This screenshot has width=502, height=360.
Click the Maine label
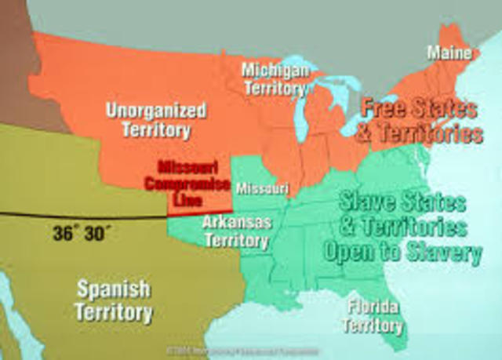453,53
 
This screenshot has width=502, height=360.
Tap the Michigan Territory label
274,79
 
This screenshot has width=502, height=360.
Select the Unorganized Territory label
156,119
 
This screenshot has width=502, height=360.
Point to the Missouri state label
262,189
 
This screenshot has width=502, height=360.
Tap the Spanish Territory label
115,299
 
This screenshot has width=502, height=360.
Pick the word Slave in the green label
366,201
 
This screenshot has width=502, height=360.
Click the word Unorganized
156,109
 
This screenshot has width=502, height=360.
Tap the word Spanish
115,288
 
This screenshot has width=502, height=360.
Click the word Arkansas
237,222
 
